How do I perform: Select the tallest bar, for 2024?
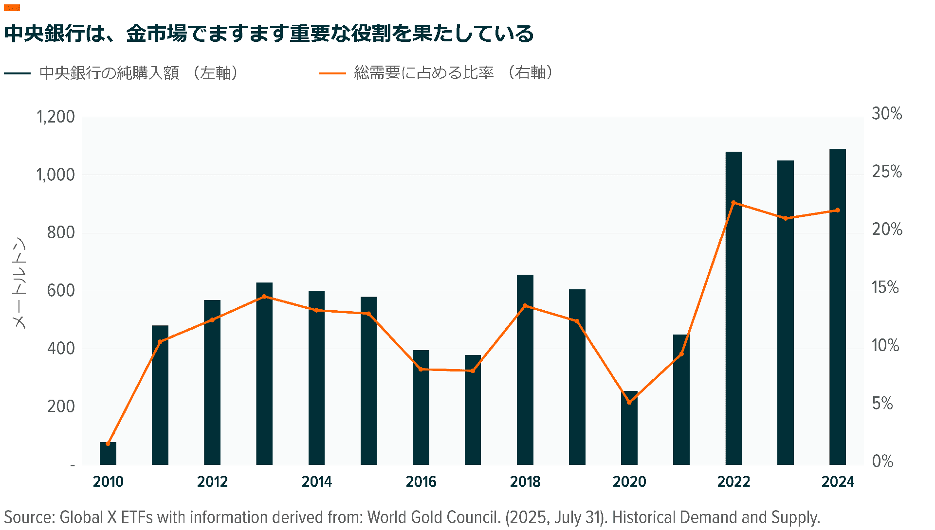[x=837, y=306]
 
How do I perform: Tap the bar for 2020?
[x=629, y=428]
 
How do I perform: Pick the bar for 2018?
[x=525, y=370]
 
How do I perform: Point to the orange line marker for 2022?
[x=733, y=203]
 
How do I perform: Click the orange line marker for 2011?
[x=160, y=342]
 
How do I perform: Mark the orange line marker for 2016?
[x=421, y=369]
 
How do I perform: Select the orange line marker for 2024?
[x=837, y=210]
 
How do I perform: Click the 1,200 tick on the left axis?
[x=55, y=117]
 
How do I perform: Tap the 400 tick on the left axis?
[x=61, y=349]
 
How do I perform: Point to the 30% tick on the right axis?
[x=886, y=114]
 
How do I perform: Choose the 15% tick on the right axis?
[x=885, y=287]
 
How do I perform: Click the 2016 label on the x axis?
[x=421, y=481]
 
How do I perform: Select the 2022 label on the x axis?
[x=733, y=481]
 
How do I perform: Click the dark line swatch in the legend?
[x=18, y=73]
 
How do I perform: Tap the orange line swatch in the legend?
[x=332, y=73]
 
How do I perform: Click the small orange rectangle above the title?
[x=12, y=8]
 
